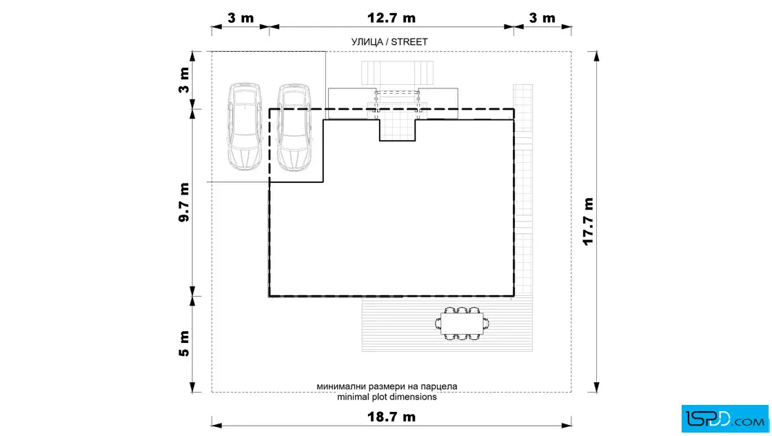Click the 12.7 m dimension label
392,18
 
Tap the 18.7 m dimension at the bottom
392,417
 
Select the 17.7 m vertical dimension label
588,221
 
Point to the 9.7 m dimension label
183,202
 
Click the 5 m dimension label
183,344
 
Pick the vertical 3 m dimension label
183,80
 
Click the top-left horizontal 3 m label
241,18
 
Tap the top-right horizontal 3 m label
542,18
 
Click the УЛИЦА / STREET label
389,42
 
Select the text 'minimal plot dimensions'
387,397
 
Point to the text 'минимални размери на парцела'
387,387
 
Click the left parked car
245,127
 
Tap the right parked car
294,128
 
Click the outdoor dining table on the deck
462,324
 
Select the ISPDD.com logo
724,419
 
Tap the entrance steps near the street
397,73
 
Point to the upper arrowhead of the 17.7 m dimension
597,56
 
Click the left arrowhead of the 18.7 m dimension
217,425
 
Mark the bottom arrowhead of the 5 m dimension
192,387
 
